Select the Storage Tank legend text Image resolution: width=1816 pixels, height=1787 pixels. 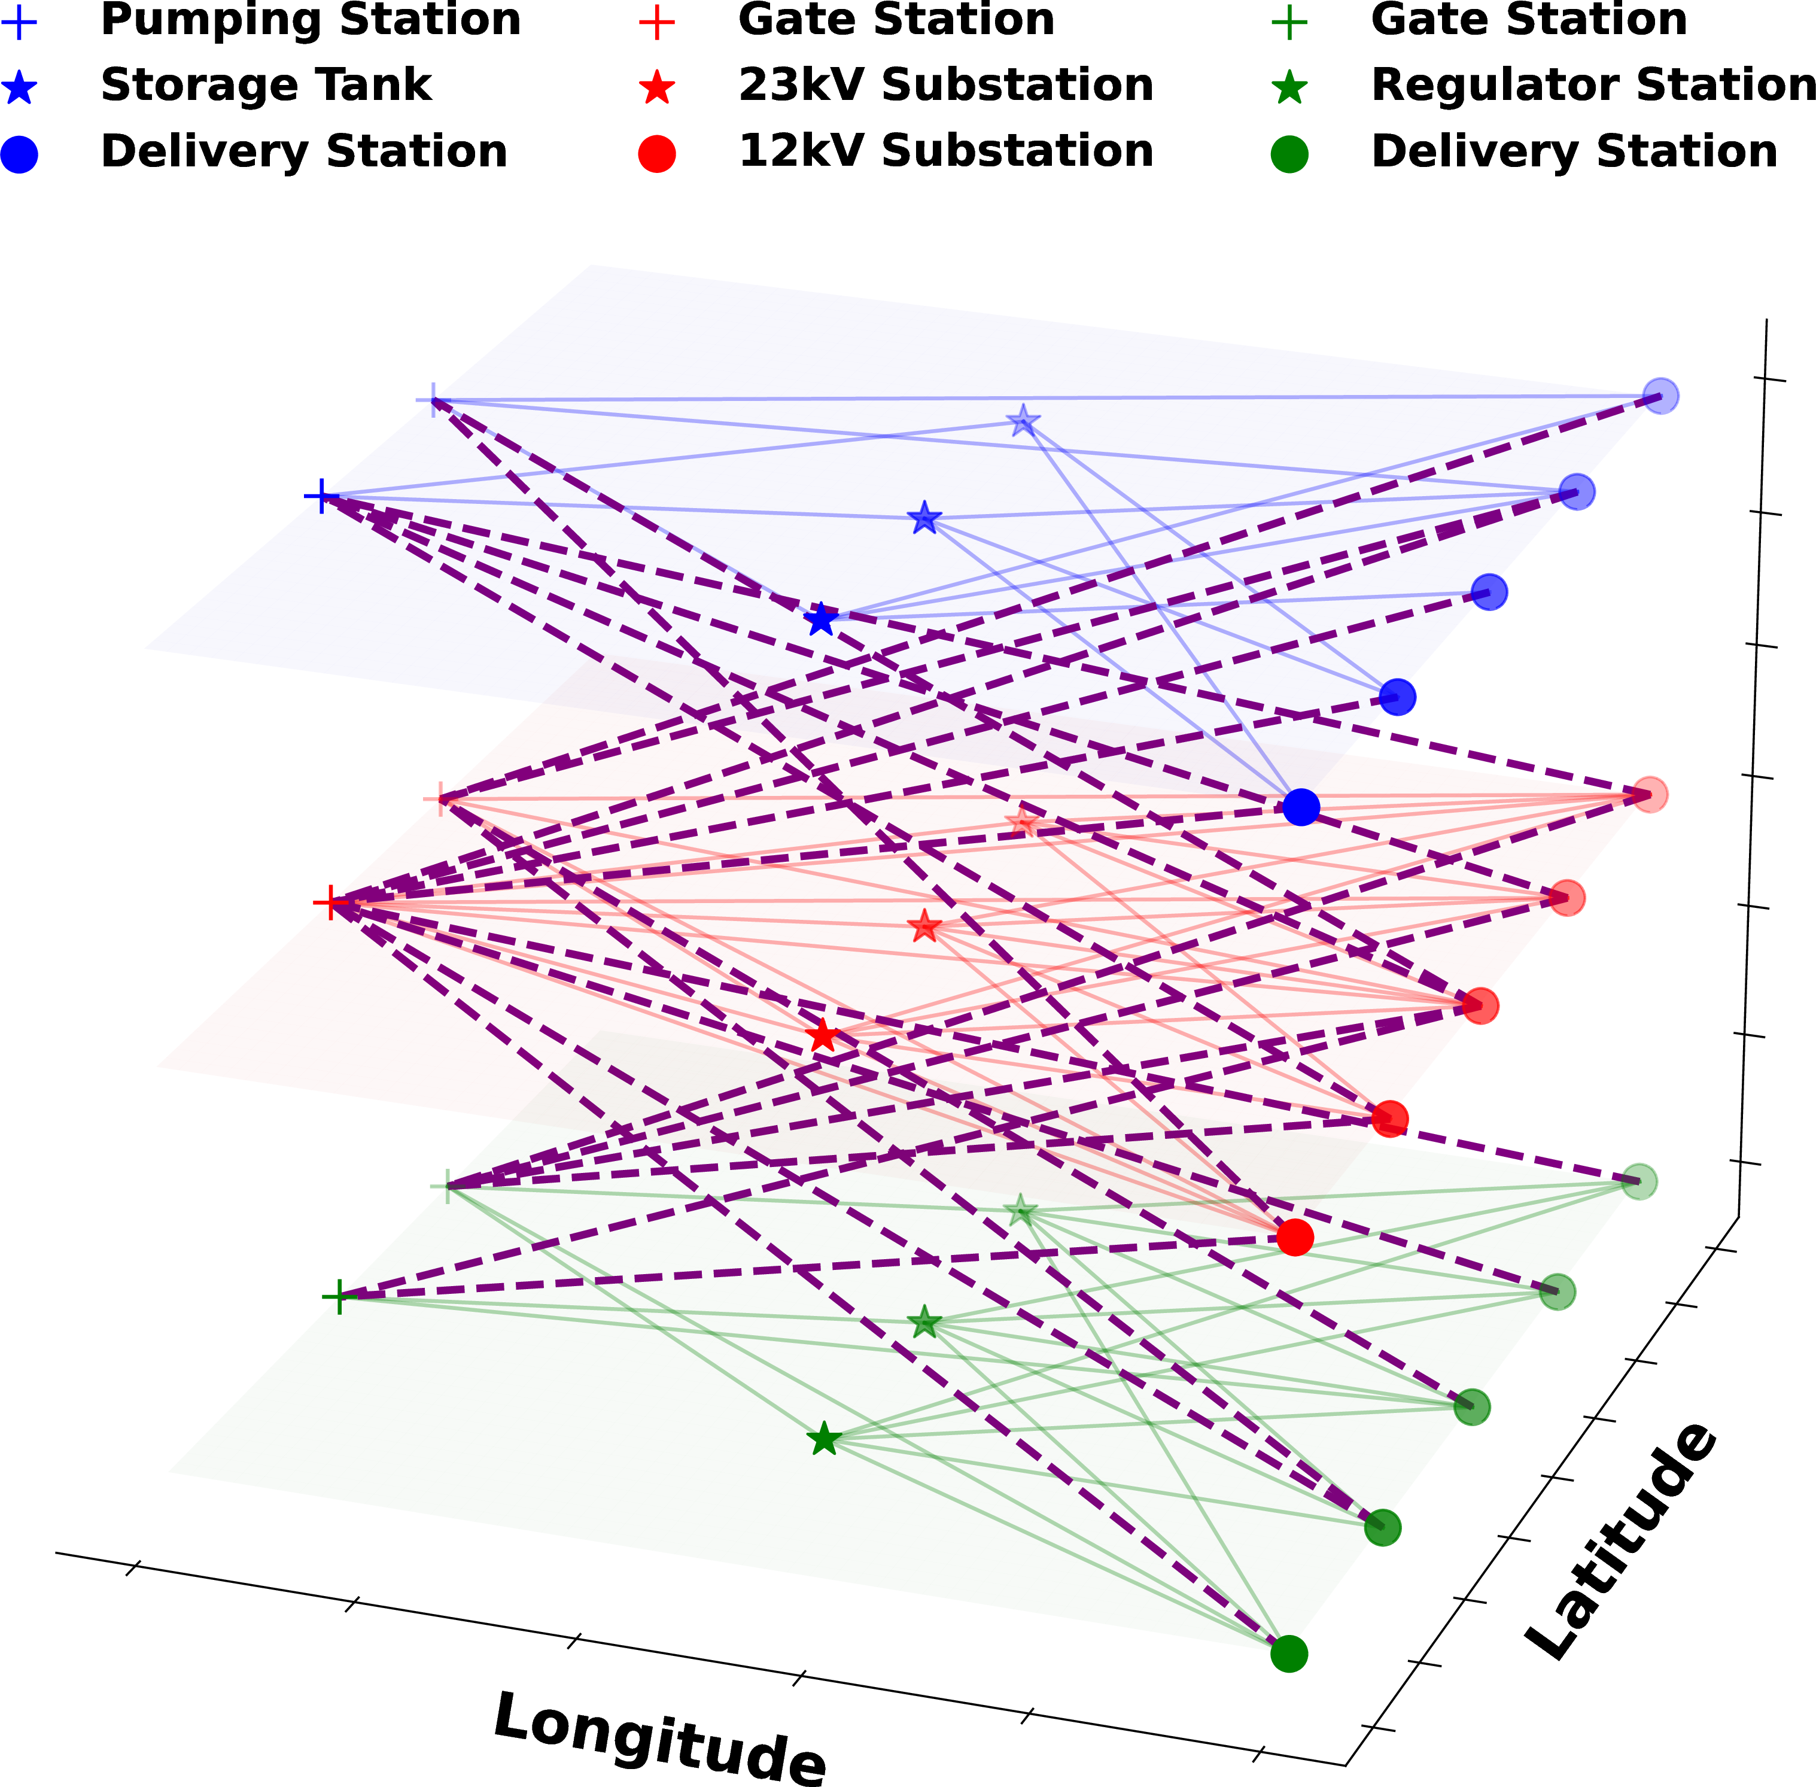[266, 86]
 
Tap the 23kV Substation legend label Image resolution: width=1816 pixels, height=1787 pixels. [946, 86]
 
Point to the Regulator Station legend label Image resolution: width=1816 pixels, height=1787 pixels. [1593, 86]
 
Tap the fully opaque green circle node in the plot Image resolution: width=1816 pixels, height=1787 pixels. [1289, 1654]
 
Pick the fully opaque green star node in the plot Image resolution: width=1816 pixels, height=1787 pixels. [823, 1439]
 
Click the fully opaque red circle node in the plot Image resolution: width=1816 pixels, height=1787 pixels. [1294, 1237]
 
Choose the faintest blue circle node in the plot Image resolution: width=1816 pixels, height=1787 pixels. [1661, 396]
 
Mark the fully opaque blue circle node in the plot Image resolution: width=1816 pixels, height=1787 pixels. [1301, 806]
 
